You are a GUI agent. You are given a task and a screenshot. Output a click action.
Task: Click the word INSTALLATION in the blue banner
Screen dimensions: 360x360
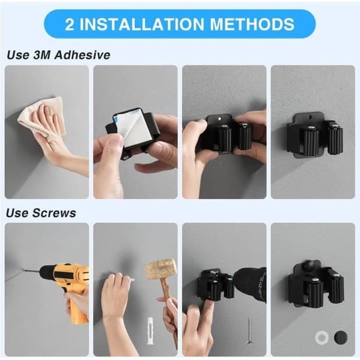pos(142,24)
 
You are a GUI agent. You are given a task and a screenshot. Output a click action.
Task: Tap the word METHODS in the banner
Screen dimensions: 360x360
pos(252,24)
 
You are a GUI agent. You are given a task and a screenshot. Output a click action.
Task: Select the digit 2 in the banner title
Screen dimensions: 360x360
pos(70,24)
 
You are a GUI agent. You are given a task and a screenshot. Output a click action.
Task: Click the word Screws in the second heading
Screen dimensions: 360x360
pos(54,213)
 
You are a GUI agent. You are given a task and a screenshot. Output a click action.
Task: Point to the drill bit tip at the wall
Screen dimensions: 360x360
pos(23,271)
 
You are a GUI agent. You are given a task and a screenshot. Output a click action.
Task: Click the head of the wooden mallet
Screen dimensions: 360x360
pos(161,269)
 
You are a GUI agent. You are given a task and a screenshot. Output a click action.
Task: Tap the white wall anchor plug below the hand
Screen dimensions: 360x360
pos(149,331)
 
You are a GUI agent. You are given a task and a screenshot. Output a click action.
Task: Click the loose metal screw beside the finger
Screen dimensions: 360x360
pos(249,331)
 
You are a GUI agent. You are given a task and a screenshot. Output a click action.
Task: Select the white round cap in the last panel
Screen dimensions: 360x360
pos(322,337)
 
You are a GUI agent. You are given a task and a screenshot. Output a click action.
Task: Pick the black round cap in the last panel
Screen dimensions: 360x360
pos(341,337)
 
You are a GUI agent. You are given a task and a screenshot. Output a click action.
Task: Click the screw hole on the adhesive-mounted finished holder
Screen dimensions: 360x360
pos(310,118)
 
